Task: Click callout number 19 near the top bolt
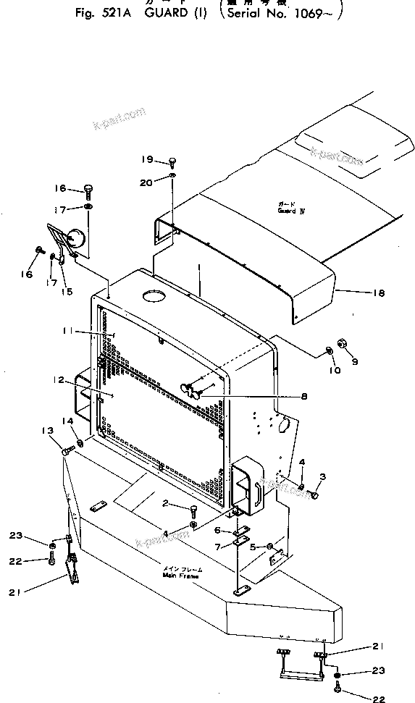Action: (x=147, y=159)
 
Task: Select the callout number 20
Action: (x=147, y=182)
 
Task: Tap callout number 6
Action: (x=217, y=530)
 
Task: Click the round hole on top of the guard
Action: (x=153, y=296)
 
